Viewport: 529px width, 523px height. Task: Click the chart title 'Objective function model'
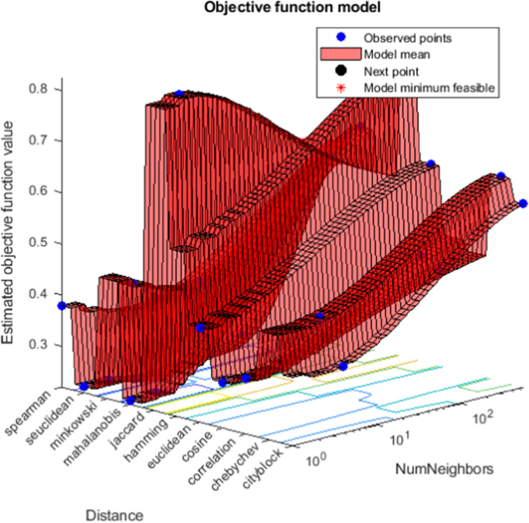click(x=264, y=8)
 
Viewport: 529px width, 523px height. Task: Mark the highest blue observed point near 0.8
click(x=179, y=93)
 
